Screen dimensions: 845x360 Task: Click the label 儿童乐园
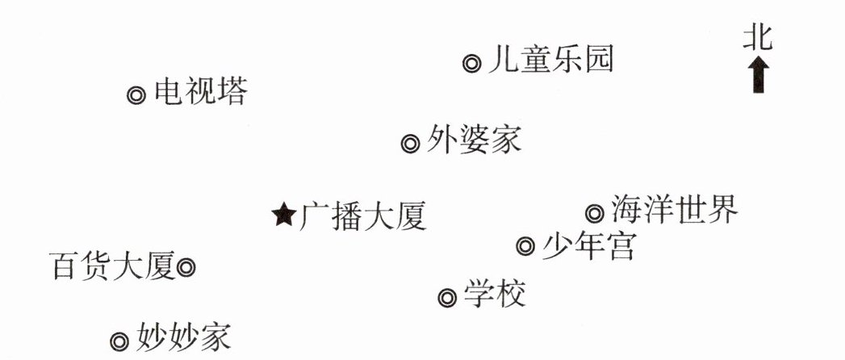coord(550,61)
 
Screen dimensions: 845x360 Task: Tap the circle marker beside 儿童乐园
coord(472,63)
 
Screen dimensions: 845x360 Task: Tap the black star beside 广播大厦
coord(283,215)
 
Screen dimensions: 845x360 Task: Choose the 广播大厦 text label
coord(362,216)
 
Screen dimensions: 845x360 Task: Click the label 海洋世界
coord(674,210)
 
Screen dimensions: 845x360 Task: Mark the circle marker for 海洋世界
coord(595,213)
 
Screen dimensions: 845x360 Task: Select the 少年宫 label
coord(588,243)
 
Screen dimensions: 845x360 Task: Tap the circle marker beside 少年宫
coord(525,245)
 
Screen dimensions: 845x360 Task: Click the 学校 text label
coord(495,295)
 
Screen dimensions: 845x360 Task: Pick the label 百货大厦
coord(112,265)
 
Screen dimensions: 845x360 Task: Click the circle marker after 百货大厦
coord(186,266)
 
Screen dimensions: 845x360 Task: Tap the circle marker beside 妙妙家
coord(119,341)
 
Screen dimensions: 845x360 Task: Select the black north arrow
coord(759,75)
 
